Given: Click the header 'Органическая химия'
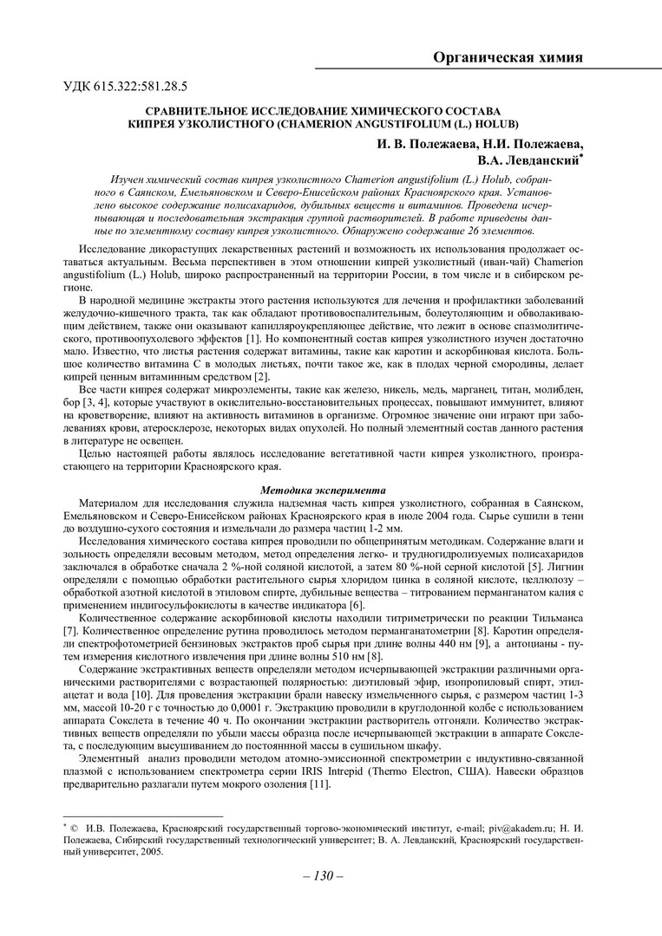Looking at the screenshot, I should pos(508,58).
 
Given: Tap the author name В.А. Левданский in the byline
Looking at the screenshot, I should pos(527,160).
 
